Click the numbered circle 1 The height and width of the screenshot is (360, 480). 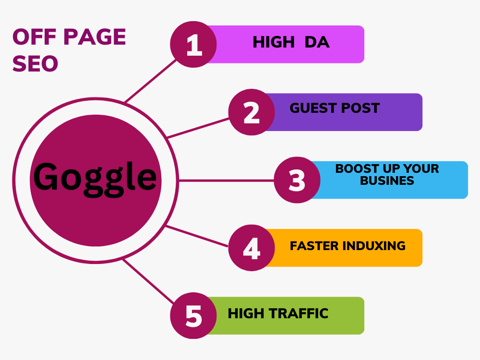pos(193,44)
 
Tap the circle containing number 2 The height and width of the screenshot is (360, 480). pos(252,112)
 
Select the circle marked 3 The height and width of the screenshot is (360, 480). pos(297,180)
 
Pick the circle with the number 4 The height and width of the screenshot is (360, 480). pos(252,248)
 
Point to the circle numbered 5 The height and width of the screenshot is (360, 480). pos(193,316)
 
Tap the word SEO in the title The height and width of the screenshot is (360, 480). pos(35,64)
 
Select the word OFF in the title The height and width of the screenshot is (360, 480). pos(35,37)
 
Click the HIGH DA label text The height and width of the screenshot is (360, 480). pos(291,42)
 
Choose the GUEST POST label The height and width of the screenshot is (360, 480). pos(335,108)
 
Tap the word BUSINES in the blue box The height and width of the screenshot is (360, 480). pos(387,180)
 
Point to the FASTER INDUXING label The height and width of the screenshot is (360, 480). pos(348,246)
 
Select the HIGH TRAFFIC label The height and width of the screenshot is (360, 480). pos(278,313)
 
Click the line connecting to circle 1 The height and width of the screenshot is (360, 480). pos(151,81)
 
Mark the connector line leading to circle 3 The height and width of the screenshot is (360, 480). pos(226,180)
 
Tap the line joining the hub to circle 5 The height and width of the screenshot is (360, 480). pos(148,281)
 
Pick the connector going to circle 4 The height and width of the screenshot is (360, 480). pos(196,236)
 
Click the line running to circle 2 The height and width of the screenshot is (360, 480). pos(198,128)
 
